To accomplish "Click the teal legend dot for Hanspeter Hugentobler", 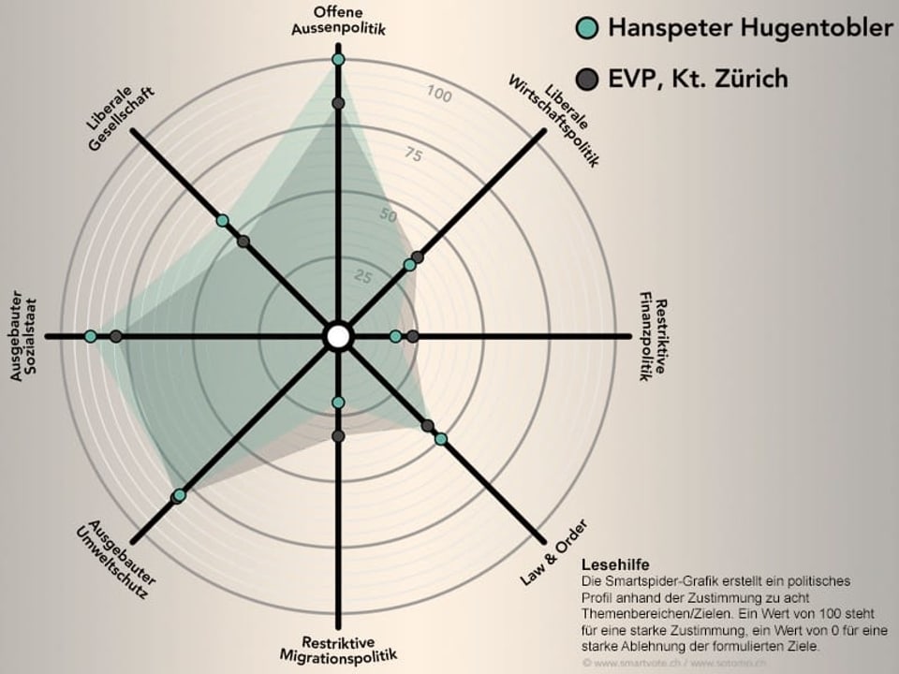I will (x=587, y=28).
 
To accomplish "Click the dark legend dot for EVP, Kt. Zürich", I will (x=587, y=79).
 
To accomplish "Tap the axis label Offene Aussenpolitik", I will (x=338, y=21).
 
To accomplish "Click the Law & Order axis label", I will (x=553, y=551).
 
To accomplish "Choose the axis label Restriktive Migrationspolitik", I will (x=338, y=649).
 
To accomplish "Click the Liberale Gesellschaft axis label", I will (x=119, y=122).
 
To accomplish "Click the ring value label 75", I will (x=413, y=154).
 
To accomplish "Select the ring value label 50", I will (x=388, y=215).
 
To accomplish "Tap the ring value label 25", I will (x=362, y=276).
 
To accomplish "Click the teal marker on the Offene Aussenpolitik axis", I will (x=338, y=60).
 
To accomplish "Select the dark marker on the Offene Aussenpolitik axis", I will (x=338, y=103).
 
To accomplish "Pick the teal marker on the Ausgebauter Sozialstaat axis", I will (x=91, y=336).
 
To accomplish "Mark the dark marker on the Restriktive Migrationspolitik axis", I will (x=338, y=436).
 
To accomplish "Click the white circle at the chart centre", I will (x=338, y=336).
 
